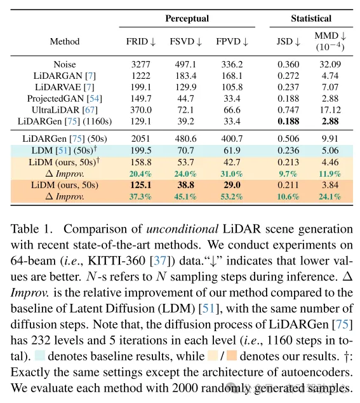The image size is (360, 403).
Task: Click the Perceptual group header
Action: pyautogui.click(x=187, y=19)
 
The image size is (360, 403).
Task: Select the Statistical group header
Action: pyautogui.click(x=312, y=19)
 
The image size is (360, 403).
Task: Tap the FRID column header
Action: pyautogui.click(x=141, y=42)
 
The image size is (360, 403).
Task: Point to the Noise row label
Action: pyautogui.click(x=65, y=64)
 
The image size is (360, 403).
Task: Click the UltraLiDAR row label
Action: pyautogui.click(x=65, y=110)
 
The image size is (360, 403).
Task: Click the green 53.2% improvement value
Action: pyautogui.click(x=229, y=196)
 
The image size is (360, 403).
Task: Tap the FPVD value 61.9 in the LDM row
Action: pyautogui.click(x=229, y=151)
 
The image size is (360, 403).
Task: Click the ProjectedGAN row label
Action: pyautogui.click(x=65, y=99)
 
